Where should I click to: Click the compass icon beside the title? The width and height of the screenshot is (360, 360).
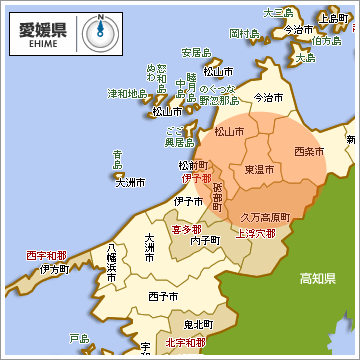tap(99, 31)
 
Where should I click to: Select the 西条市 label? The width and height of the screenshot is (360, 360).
tap(309, 151)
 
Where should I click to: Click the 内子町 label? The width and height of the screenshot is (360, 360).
tap(205, 241)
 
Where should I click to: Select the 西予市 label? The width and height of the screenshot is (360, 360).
tap(162, 297)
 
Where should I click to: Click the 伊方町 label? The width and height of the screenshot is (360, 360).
tap(54, 269)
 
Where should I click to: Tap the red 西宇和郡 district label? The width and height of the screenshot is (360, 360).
tap(46, 255)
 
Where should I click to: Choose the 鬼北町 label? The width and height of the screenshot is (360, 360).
tap(199, 325)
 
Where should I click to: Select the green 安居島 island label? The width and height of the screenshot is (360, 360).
tap(196, 52)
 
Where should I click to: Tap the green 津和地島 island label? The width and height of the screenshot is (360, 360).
tap(127, 94)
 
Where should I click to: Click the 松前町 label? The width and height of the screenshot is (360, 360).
tap(192, 165)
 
